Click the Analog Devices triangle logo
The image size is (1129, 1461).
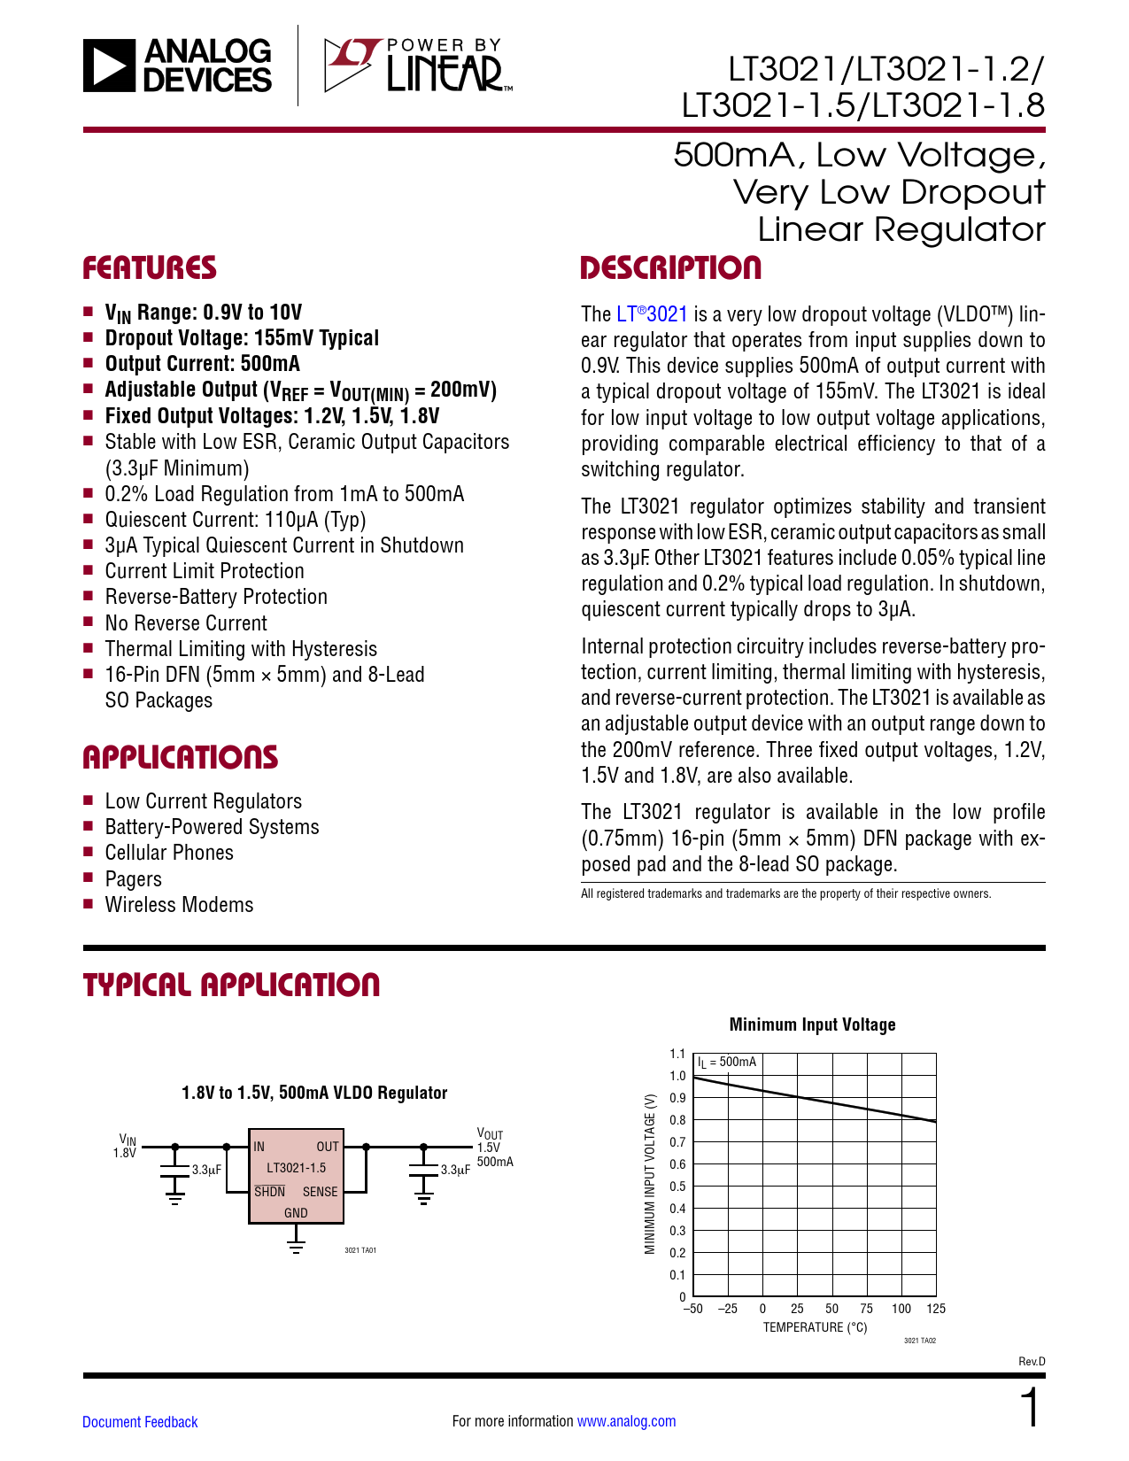tap(109, 66)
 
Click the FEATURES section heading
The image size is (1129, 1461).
tap(150, 268)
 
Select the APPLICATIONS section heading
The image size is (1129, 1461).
tap(180, 757)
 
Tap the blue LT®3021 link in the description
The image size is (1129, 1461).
tap(652, 314)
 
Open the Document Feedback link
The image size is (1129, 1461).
tap(140, 1422)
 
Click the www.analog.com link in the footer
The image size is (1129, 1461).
tap(626, 1421)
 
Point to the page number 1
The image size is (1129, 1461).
tap(1031, 1409)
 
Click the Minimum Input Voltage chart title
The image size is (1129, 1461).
tap(812, 1024)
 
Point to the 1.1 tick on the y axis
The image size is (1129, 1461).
tap(677, 1054)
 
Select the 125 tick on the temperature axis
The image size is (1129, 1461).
tap(936, 1309)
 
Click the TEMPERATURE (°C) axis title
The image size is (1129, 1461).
tap(815, 1327)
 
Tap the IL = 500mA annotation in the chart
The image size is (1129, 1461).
tap(727, 1062)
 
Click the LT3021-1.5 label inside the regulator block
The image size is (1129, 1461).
tap(296, 1168)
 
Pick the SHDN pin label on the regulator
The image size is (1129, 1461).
tap(269, 1192)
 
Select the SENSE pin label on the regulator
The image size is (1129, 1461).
tap(320, 1192)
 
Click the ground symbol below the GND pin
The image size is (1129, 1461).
tap(296, 1246)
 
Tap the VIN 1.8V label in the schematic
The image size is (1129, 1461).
tap(126, 1147)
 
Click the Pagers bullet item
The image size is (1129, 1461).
tap(133, 879)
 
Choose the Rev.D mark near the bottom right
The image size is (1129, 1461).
tap(1032, 1362)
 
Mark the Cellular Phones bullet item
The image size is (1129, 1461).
tap(169, 853)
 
